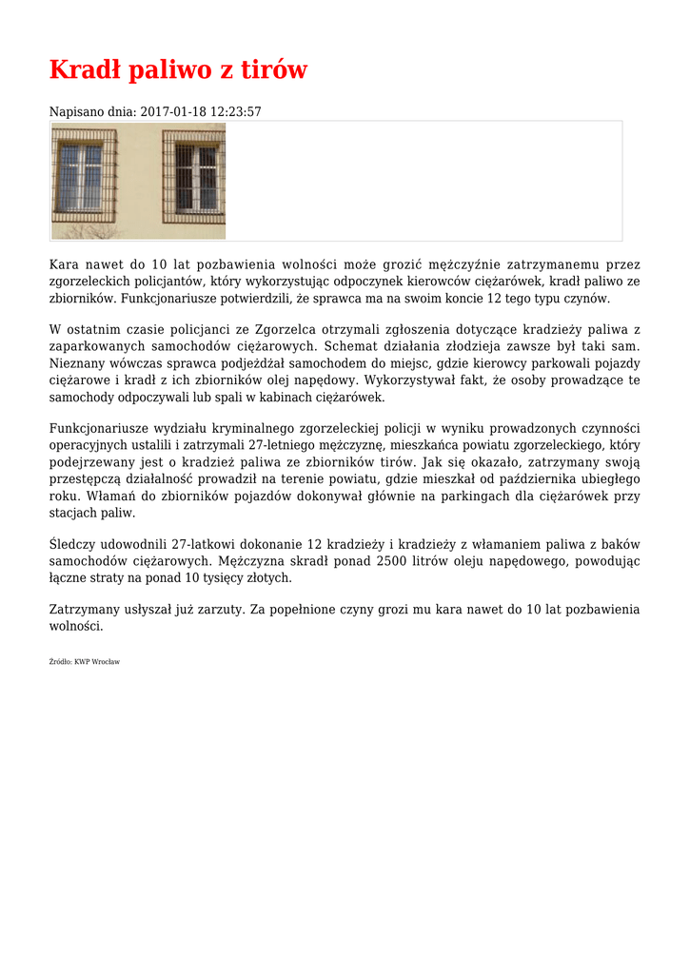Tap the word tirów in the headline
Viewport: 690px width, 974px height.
pyautogui.click(x=272, y=70)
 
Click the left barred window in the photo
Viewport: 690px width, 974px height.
pyautogui.click(x=83, y=178)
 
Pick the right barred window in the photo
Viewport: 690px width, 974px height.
pyautogui.click(x=193, y=178)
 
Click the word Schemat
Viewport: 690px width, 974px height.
pyautogui.click(x=352, y=346)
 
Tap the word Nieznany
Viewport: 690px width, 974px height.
pyautogui.click(x=76, y=363)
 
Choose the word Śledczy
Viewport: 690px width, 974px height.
pyautogui.click(x=73, y=544)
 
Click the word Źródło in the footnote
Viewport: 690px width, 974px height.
pyautogui.click(x=59, y=661)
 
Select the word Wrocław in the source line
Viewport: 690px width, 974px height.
pyautogui.click(x=107, y=661)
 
